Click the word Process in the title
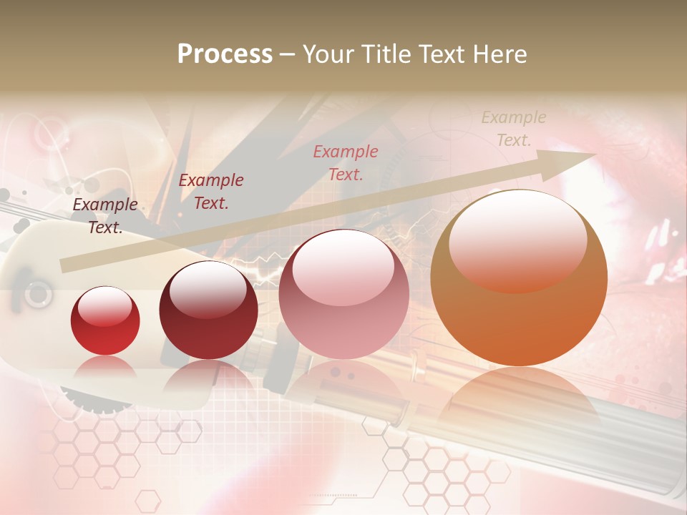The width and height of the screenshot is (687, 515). click(x=225, y=54)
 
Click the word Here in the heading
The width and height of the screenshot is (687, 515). click(x=498, y=54)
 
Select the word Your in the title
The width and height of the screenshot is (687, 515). click(x=327, y=54)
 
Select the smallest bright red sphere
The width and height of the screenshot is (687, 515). click(x=105, y=320)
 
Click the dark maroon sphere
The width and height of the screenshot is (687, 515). click(x=208, y=310)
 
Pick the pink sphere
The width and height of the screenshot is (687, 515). click(x=343, y=295)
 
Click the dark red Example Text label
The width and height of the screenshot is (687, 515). click(x=211, y=192)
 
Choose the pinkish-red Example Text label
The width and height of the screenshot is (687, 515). click(x=346, y=162)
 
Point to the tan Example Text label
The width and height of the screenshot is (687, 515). click(x=514, y=129)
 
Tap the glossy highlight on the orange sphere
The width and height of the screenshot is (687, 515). click(x=518, y=240)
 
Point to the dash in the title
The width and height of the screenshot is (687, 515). click(x=288, y=54)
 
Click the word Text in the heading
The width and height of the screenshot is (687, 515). click(x=441, y=54)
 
